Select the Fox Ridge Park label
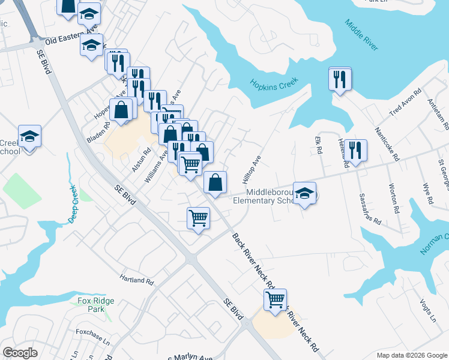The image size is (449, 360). pyautogui.click(x=91, y=304)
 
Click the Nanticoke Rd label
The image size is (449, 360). pyautogui.click(x=387, y=143)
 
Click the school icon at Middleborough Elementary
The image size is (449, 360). pyautogui.click(x=305, y=193)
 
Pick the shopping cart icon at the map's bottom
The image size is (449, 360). pyautogui.click(x=275, y=299)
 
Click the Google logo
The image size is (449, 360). pyautogui.click(x=20, y=353)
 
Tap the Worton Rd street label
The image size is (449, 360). pyautogui.click(x=394, y=199)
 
